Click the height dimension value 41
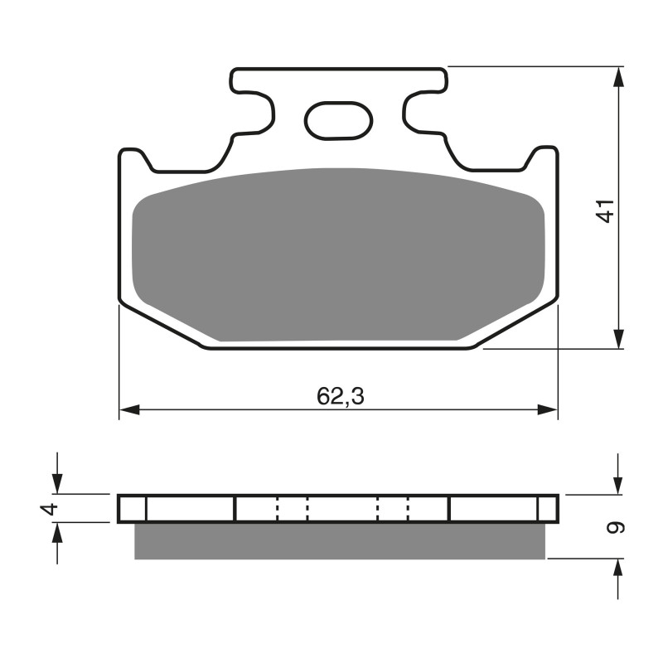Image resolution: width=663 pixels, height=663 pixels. coord(607,211)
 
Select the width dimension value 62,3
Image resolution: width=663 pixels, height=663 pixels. coord(340,397)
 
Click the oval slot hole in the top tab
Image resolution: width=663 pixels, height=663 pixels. coord(338,120)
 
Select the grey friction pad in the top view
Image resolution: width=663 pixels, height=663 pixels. coord(338,253)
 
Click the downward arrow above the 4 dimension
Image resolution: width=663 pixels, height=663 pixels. coord(56,484)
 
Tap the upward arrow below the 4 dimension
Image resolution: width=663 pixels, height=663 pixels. coord(56,533)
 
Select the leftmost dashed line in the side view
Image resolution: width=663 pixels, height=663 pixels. coord(278,508)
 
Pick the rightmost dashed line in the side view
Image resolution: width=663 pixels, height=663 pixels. coord(409,508)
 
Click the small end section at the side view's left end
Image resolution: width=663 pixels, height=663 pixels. coord(133,508)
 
